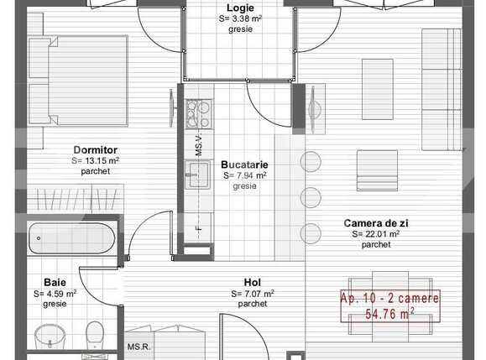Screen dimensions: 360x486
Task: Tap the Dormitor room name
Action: point(95,149)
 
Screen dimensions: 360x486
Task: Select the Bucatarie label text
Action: point(244,165)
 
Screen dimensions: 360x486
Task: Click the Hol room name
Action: point(253,283)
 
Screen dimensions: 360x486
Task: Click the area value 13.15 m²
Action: point(95,160)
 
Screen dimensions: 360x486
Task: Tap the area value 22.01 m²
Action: point(375,234)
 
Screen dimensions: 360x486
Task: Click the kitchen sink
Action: point(198,175)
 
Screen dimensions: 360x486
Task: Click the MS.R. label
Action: point(138,347)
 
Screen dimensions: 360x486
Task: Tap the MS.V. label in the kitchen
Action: point(199,145)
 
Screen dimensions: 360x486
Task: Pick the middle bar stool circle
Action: point(311,198)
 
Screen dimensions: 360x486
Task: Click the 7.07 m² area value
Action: point(253,294)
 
